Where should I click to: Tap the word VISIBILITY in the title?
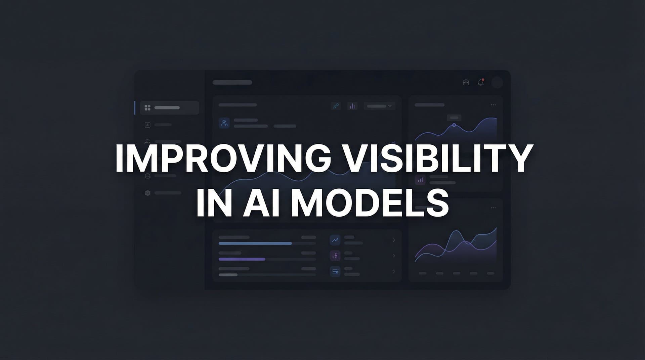tap(437, 158)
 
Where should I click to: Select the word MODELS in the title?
tap(370, 203)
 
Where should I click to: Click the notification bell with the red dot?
tap(481, 82)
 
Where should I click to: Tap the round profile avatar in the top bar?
tap(497, 82)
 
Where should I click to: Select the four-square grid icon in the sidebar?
tap(147, 108)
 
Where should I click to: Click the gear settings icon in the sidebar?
tap(147, 193)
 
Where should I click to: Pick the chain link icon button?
tap(336, 106)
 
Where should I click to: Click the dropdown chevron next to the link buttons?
tap(390, 106)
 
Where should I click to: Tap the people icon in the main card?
tap(224, 123)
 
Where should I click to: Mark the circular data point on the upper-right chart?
tap(454, 125)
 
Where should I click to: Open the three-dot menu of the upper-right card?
tap(493, 105)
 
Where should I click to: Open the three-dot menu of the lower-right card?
tap(493, 208)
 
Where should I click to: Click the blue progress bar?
tap(255, 243)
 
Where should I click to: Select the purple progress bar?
tap(242, 259)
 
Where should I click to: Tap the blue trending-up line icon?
tap(335, 240)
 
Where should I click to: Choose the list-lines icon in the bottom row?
tap(335, 271)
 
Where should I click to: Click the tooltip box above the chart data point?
tap(454, 118)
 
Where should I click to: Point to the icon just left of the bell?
tap(466, 82)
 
